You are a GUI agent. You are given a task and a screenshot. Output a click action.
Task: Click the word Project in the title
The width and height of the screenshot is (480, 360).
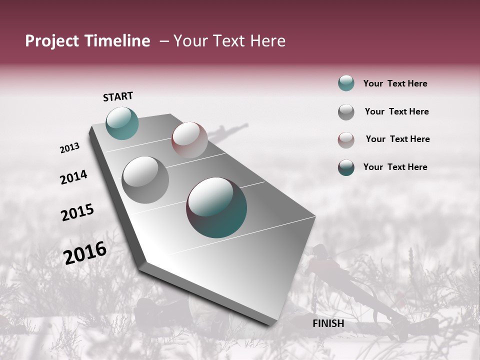pyautogui.click(x=52, y=41)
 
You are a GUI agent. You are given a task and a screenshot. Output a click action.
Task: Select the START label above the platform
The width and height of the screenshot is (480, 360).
pyautogui.click(x=118, y=96)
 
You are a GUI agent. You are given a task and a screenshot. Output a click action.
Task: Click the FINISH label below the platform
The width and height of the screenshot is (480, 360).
pyautogui.click(x=328, y=323)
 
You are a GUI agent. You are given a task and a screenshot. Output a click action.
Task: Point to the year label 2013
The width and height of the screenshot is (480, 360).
pyautogui.click(x=69, y=148)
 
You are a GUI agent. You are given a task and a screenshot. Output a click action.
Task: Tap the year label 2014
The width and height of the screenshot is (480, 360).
pyautogui.click(x=73, y=177)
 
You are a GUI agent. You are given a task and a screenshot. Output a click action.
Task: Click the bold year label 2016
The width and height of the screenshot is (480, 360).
pyautogui.click(x=85, y=253)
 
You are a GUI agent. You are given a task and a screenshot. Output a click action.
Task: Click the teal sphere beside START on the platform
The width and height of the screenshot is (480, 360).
pyautogui.click(x=122, y=123)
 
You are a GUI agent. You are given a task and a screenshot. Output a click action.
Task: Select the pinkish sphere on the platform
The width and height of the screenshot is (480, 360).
pyautogui.click(x=189, y=139)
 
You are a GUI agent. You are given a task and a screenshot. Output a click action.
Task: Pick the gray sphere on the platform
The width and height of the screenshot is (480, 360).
pyautogui.click(x=145, y=180)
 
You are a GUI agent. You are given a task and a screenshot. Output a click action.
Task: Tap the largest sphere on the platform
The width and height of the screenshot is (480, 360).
pyautogui.click(x=216, y=207)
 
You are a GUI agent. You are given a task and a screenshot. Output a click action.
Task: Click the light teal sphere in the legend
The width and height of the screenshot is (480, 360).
pyautogui.click(x=346, y=83)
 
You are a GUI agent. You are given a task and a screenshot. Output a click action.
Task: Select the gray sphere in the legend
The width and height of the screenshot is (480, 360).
pyautogui.click(x=346, y=112)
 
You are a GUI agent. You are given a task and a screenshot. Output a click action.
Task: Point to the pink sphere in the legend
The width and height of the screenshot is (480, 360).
pyautogui.click(x=346, y=140)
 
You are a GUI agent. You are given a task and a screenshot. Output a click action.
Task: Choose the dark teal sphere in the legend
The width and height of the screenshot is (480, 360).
pyautogui.click(x=346, y=167)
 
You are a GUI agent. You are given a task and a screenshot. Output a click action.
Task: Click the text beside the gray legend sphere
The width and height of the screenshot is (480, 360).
pyautogui.click(x=396, y=111)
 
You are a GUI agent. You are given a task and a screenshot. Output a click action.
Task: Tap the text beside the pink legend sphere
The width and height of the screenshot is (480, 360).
pyautogui.click(x=397, y=139)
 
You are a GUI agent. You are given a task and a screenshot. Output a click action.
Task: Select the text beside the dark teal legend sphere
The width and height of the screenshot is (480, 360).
pyautogui.click(x=395, y=167)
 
